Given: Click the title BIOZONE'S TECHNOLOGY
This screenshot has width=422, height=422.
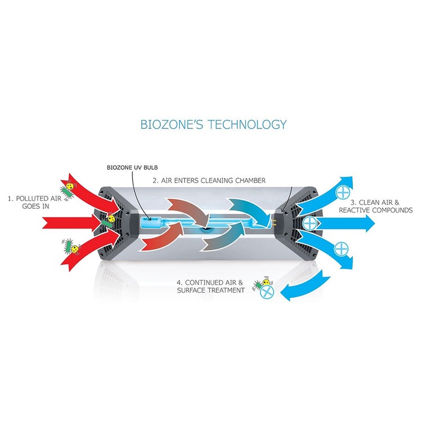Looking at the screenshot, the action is (x=213, y=124).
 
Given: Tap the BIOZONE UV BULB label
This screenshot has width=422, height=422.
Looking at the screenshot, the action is (x=132, y=168).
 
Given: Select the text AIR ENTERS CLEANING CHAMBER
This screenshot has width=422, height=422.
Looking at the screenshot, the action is (x=213, y=180).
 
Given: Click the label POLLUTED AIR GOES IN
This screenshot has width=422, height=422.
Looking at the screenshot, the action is (x=35, y=203).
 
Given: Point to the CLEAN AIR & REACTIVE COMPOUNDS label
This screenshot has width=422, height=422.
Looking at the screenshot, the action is (x=376, y=206).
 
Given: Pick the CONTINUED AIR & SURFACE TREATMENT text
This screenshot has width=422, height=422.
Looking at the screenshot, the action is (x=211, y=286).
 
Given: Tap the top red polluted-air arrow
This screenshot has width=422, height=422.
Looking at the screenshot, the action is (x=92, y=194).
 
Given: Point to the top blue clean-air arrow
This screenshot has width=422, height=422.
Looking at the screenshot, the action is (x=326, y=193).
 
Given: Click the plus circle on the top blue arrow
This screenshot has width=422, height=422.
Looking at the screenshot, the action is (x=343, y=192).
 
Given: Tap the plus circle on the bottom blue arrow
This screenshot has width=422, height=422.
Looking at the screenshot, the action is (x=342, y=249).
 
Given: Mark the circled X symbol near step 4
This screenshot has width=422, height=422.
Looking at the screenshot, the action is (x=267, y=292).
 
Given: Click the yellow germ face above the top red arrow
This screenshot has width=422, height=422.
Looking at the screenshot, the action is (x=70, y=186).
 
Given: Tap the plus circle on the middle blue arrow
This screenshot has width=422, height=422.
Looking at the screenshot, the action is (x=310, y=223).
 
